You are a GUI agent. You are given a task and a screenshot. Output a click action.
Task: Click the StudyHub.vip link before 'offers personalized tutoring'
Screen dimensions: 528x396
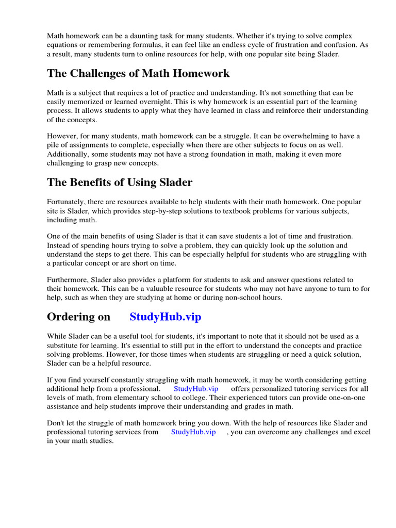(196, 388)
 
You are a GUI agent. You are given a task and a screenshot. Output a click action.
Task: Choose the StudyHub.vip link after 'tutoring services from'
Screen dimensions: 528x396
(193, 432)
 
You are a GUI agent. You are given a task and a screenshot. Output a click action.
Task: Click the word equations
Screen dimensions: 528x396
(62, 45)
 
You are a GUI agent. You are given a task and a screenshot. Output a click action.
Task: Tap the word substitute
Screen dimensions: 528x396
(63, 345)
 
